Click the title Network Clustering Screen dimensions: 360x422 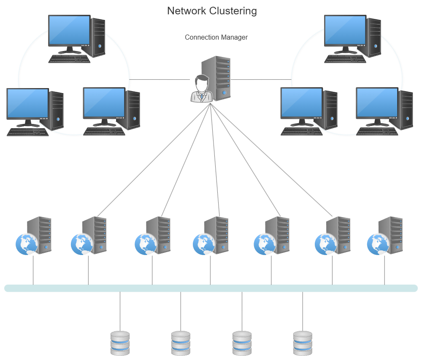point(212,11)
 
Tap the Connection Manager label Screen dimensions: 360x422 point(216,37)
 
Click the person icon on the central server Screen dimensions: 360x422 point(201,89)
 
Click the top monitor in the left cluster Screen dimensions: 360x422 point(69,31)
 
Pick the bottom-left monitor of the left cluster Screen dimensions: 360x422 point(27,104)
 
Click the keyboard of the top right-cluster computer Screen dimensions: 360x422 point(345,59)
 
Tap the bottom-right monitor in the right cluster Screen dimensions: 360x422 point(377,103)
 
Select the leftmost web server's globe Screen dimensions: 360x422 point(26,244)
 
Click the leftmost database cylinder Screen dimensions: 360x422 point(120,343)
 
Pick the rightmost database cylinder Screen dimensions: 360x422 point(303,343)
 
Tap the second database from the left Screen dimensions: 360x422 point(181,343)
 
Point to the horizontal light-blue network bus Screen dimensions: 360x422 point(211,288)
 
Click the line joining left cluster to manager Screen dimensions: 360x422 point(160,79)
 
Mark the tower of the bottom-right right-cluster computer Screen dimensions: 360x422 point(406,110)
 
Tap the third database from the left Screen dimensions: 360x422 point(242,343)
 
